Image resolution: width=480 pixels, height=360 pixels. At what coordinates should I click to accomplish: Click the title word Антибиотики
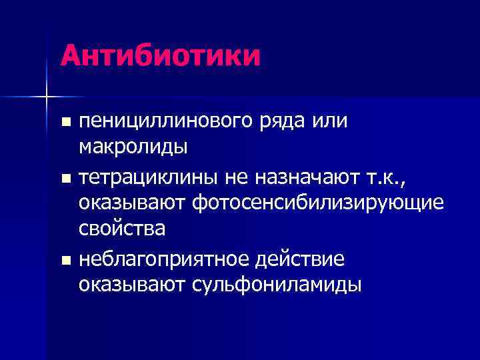click(160, 55)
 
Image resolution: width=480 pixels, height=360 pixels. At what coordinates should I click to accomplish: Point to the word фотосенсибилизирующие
click(317, 203)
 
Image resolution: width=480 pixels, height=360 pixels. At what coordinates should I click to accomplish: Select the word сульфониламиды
click(277, 284)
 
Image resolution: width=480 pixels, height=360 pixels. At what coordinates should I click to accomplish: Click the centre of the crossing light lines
click(47, 97)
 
